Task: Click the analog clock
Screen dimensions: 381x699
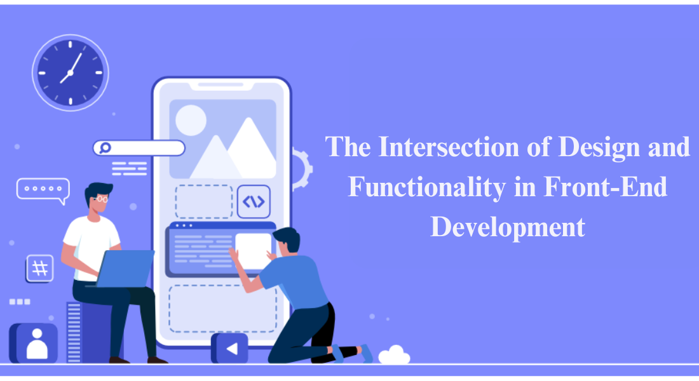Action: tap(70, 72)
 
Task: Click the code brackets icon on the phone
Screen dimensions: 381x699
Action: tap(254, 201)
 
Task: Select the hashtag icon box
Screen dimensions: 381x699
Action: tap(40, 269)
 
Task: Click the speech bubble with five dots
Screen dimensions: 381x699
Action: tap(43, 189)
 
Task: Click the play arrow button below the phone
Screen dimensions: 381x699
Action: tap(230, 348)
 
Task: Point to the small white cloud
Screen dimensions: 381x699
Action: tap(394, 355)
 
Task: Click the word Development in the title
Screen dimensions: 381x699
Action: tap(508, 227)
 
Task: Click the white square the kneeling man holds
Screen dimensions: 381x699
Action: tap(253, 250)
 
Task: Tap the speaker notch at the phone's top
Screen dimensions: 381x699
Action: tap(221, 84)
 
